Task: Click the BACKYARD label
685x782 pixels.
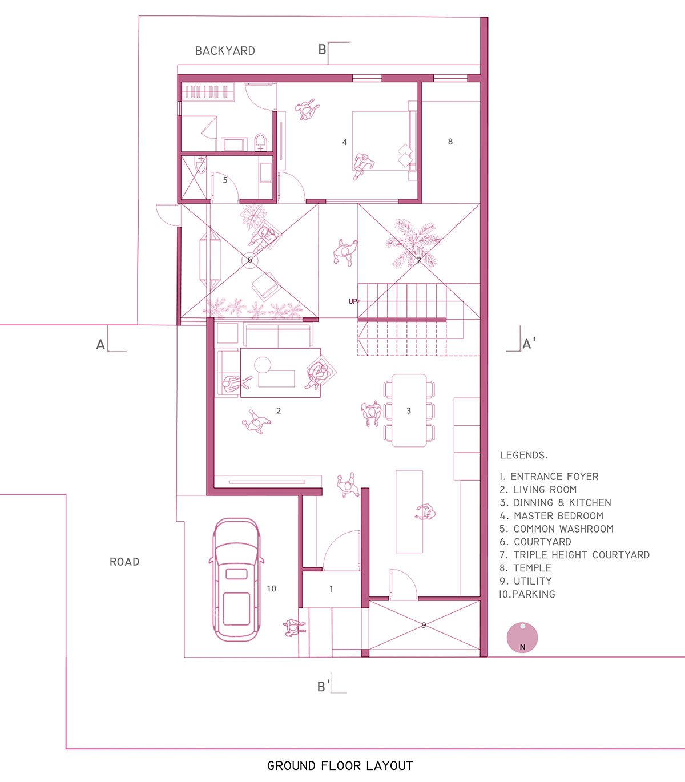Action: [225, 51]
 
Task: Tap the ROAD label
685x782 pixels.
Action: [124, 562]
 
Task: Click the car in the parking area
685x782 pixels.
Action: [236, 580]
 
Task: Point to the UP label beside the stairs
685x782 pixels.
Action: [353, 301]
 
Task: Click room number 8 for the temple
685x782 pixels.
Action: [450, 142]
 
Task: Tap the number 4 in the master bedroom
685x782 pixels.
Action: [344, 142]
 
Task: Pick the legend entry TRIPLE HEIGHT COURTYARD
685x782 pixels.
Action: [582, 555]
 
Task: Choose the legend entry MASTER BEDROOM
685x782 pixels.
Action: [558, 516]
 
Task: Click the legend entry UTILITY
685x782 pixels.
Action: [533, 581]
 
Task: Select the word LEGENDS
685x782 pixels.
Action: [523, 455]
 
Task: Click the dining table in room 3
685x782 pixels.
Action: [409, 410]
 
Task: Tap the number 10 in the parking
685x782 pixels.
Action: [271, 588]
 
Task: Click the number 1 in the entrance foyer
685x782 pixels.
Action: [331, 589]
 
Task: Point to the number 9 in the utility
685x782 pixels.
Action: [424, 625]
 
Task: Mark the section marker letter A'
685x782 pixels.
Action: [529, 344]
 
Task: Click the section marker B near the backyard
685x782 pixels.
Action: [323, 49]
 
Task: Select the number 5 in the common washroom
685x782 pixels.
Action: [225, 180]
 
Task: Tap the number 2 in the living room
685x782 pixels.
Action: [279, 411]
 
